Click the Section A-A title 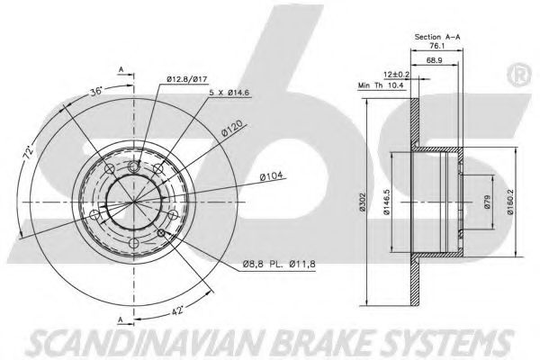(x=437, y=37)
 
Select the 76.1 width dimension (x=436, y=46)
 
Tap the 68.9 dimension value (x=435, y=60)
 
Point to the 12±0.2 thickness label (x=396, y=74)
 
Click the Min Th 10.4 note (x=381, y=85)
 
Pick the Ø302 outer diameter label (x=362, y=202)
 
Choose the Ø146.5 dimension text (x=386, y=202)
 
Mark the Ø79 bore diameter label (x=487, y=202)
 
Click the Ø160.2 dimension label (x=510, y=202)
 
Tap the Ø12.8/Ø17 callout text (x=187, y=79)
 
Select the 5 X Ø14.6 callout (x=229, y=93)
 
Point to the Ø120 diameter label (x=232, y=129)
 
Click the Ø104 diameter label (x=272, y=176)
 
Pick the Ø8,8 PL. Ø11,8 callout (x=279, y=265)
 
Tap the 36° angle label (x=96, y=92)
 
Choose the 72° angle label (x=28, y=152)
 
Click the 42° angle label (x=177, y=311)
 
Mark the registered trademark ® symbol (x=519, y=76)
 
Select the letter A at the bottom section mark (x=121, y=320)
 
